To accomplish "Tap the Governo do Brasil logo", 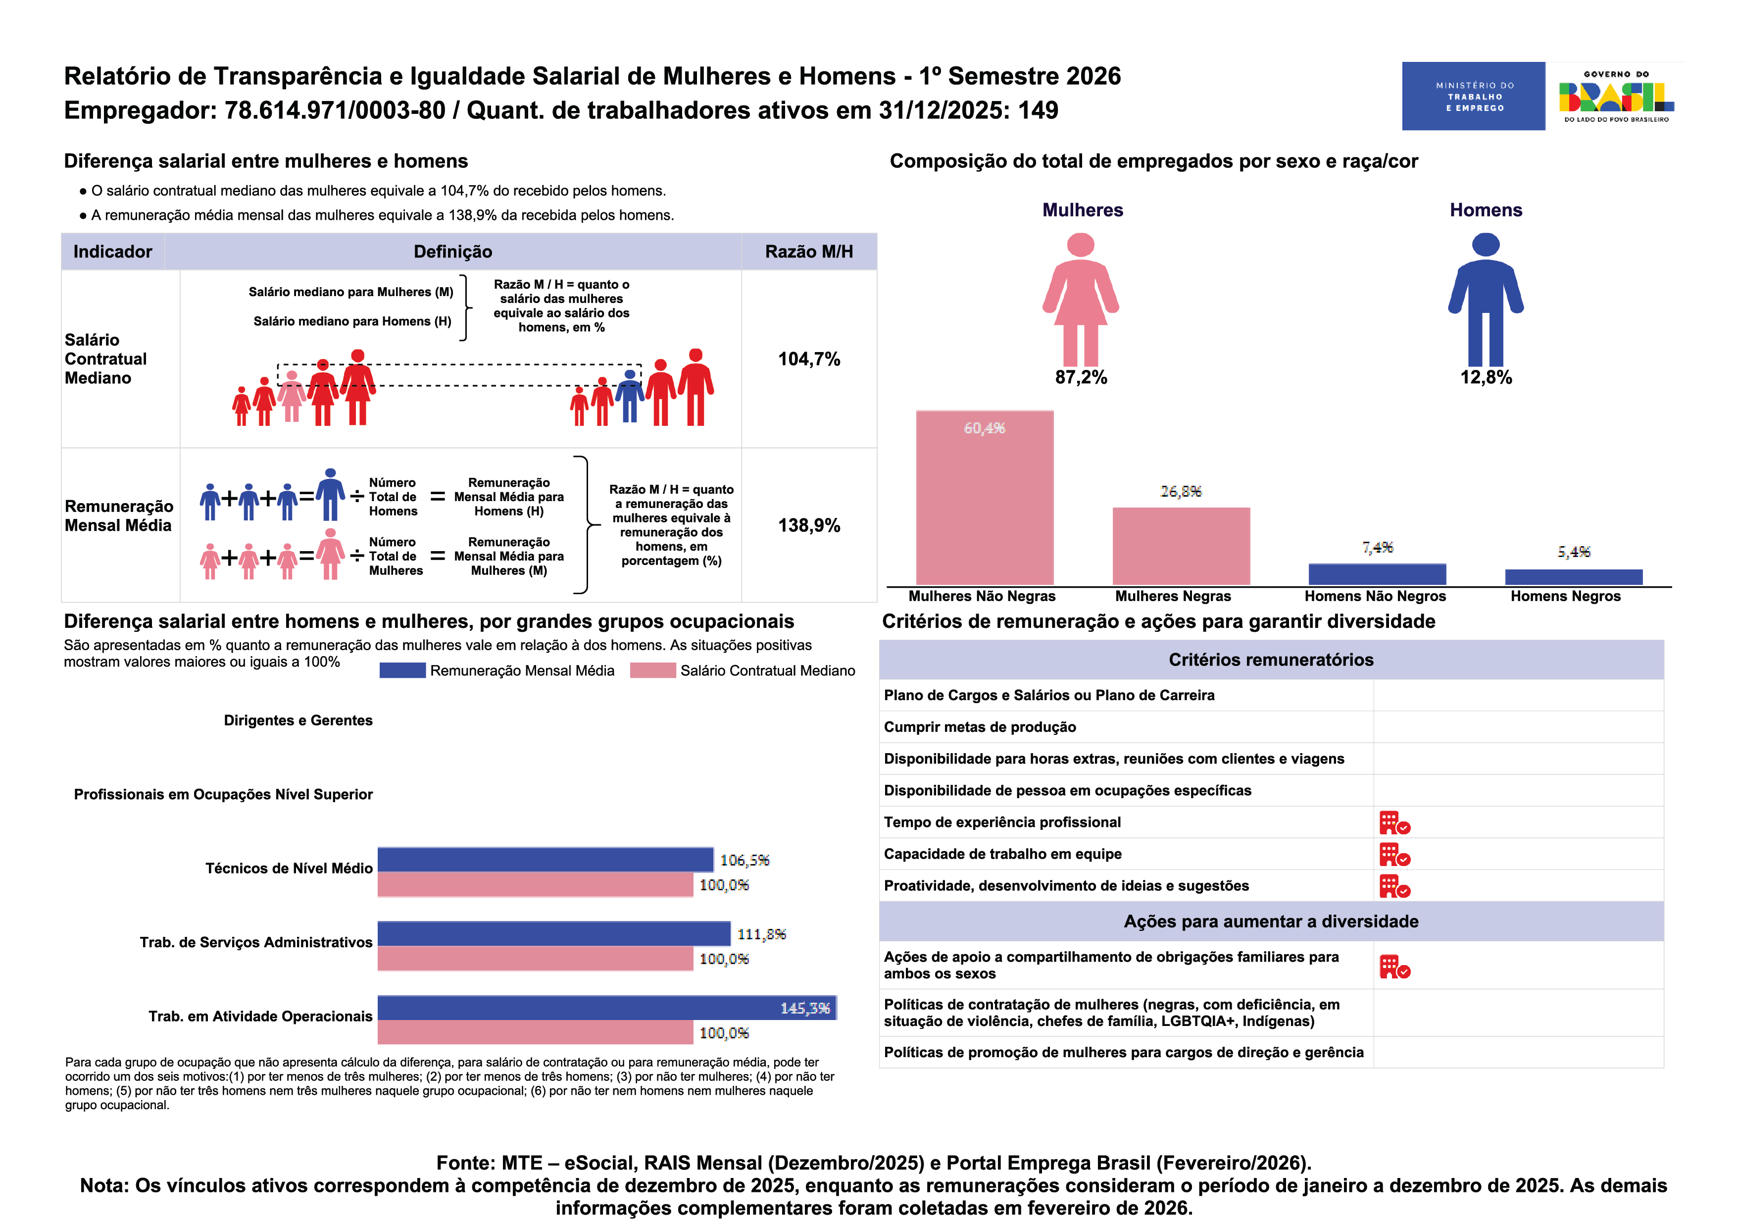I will [1615, 96].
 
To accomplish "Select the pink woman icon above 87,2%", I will [1080, 300].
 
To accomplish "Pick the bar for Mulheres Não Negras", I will [984, 497].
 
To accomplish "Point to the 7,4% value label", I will [1377, 547].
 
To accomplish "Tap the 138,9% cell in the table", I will [809, 525].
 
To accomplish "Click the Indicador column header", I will [113, 251].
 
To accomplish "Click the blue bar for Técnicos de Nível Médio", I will [545, 860].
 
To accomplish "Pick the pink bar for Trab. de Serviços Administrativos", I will [535, 958].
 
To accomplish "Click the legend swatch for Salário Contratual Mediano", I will [652, 670].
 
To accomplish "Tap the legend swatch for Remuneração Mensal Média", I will [402, 670].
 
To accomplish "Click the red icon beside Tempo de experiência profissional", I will [1393, 822].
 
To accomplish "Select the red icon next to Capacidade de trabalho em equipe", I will [1393, 854].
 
